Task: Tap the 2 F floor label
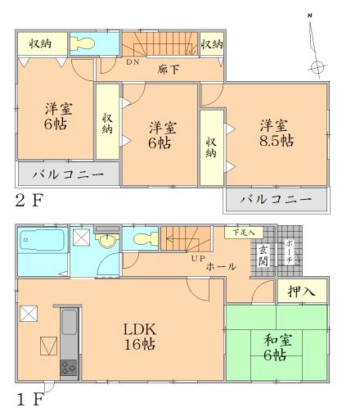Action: (29, 200)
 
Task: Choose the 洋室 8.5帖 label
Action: (276, 132)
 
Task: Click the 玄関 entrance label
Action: (263, 255)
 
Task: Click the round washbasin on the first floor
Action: (106, 242)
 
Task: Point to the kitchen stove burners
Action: (69, 368)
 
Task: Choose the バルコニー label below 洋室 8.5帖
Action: (277, 200)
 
